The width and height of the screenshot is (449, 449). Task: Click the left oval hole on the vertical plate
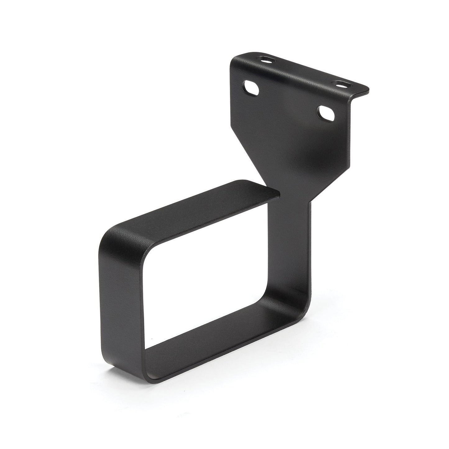252,88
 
